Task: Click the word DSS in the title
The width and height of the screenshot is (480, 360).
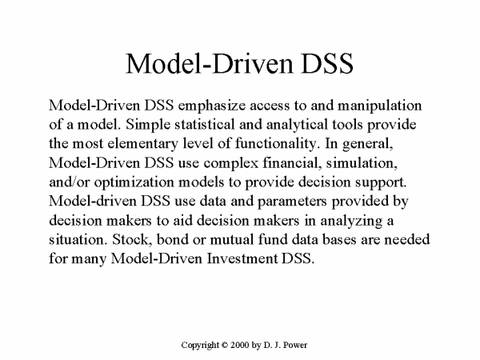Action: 327,63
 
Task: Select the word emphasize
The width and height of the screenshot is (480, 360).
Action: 211,106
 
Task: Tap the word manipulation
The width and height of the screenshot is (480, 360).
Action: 379,106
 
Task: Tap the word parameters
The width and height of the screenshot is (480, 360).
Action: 292,202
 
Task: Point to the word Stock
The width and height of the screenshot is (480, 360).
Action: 132,240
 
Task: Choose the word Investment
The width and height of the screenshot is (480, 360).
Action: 242,258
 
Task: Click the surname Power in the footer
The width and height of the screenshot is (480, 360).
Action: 295,345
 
